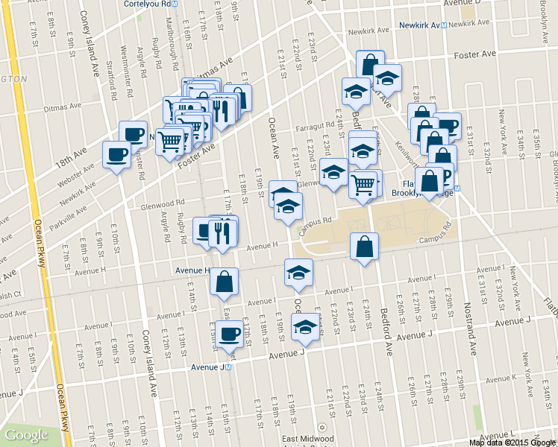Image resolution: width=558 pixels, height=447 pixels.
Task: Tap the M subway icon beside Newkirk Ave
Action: point(443,25)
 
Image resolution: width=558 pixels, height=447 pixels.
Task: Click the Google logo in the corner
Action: point(27,435)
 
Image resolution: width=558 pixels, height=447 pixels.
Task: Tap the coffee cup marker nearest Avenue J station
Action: point(229,333)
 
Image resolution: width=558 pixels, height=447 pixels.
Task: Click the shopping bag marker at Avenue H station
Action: point(224,282)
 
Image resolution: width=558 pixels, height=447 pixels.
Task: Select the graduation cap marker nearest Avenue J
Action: point(304,327)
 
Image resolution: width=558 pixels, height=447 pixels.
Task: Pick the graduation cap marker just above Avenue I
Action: point(298,273)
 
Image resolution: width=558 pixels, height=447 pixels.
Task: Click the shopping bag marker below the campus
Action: point(364,247)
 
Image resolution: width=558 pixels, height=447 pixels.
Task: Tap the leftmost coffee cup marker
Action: point(116,155)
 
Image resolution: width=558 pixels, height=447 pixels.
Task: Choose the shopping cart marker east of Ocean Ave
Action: point(363,183)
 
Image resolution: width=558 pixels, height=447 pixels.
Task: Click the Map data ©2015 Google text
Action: point(512,443)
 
